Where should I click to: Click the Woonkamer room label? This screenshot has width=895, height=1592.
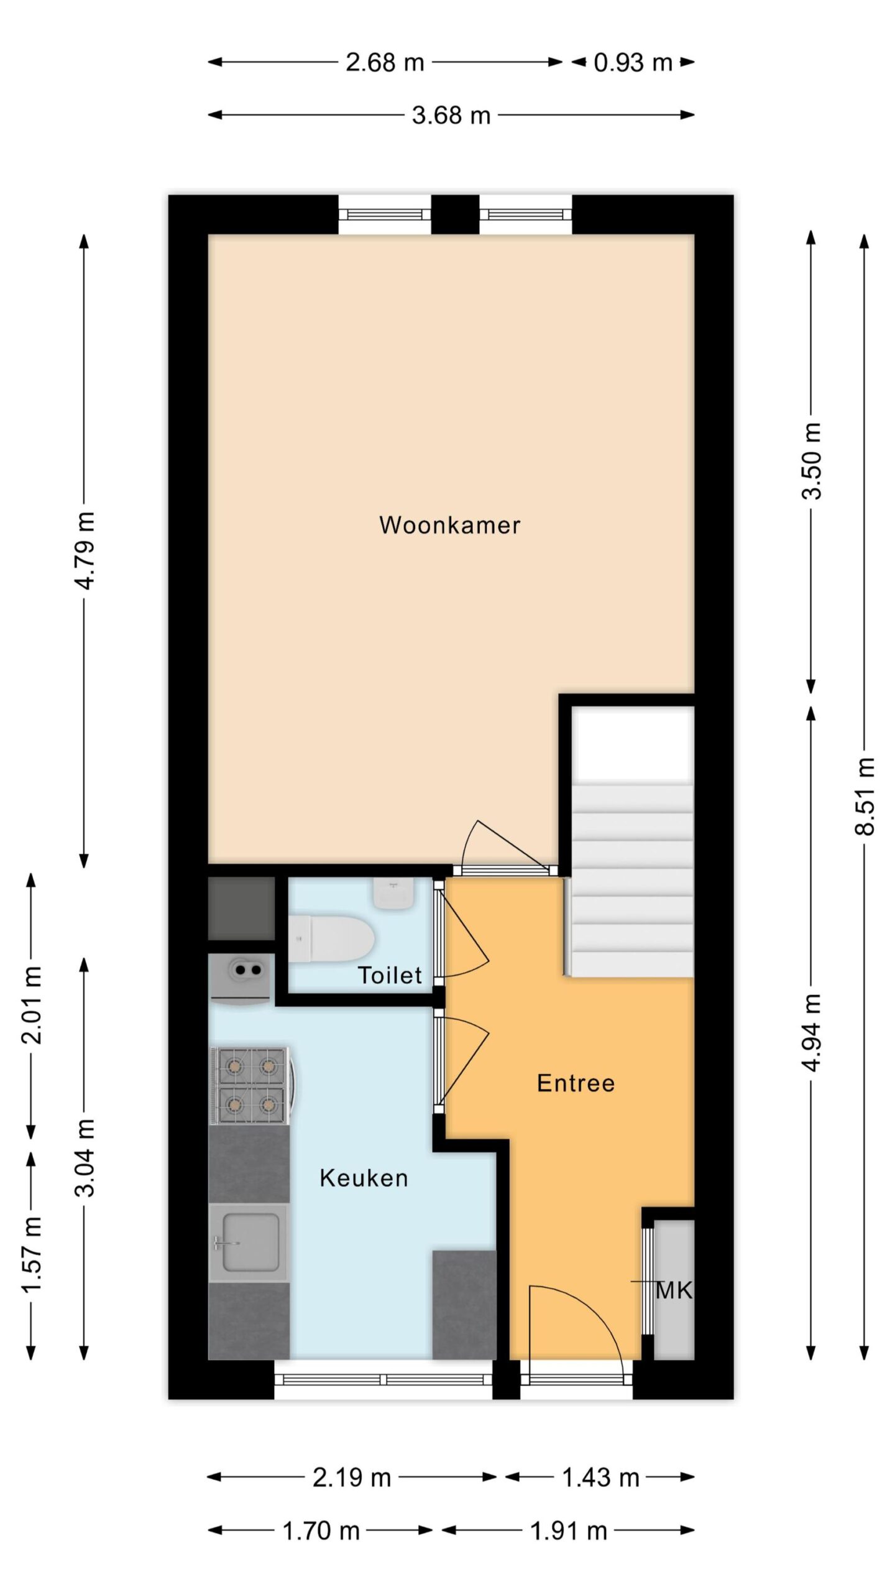[449, 525]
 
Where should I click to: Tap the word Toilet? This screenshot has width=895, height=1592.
[390, 975]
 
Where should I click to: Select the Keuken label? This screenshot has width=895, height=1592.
[364, 1178]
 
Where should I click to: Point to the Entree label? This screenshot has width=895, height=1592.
[576, 1083]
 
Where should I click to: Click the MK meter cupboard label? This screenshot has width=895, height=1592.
[674, 1291]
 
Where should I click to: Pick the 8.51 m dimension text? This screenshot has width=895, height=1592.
[865, 796]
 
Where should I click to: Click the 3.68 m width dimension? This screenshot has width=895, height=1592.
[451, 116]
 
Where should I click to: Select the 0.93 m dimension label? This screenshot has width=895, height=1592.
[633, 63]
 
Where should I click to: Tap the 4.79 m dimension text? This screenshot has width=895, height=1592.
[85, 551]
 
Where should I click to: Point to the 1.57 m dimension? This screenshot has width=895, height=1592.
[32, 1254]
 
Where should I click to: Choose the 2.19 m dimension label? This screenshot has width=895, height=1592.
[352, 1478]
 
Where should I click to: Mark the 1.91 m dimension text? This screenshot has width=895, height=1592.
[568, 1531]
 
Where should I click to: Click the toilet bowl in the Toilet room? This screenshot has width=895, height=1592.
[331, 938]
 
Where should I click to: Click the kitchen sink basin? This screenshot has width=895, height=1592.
[250, 1242]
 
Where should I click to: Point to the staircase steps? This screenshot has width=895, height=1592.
[631, 880]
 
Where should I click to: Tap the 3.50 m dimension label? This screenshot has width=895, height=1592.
[811, 461]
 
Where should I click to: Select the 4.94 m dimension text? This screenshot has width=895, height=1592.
[811, 1033]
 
